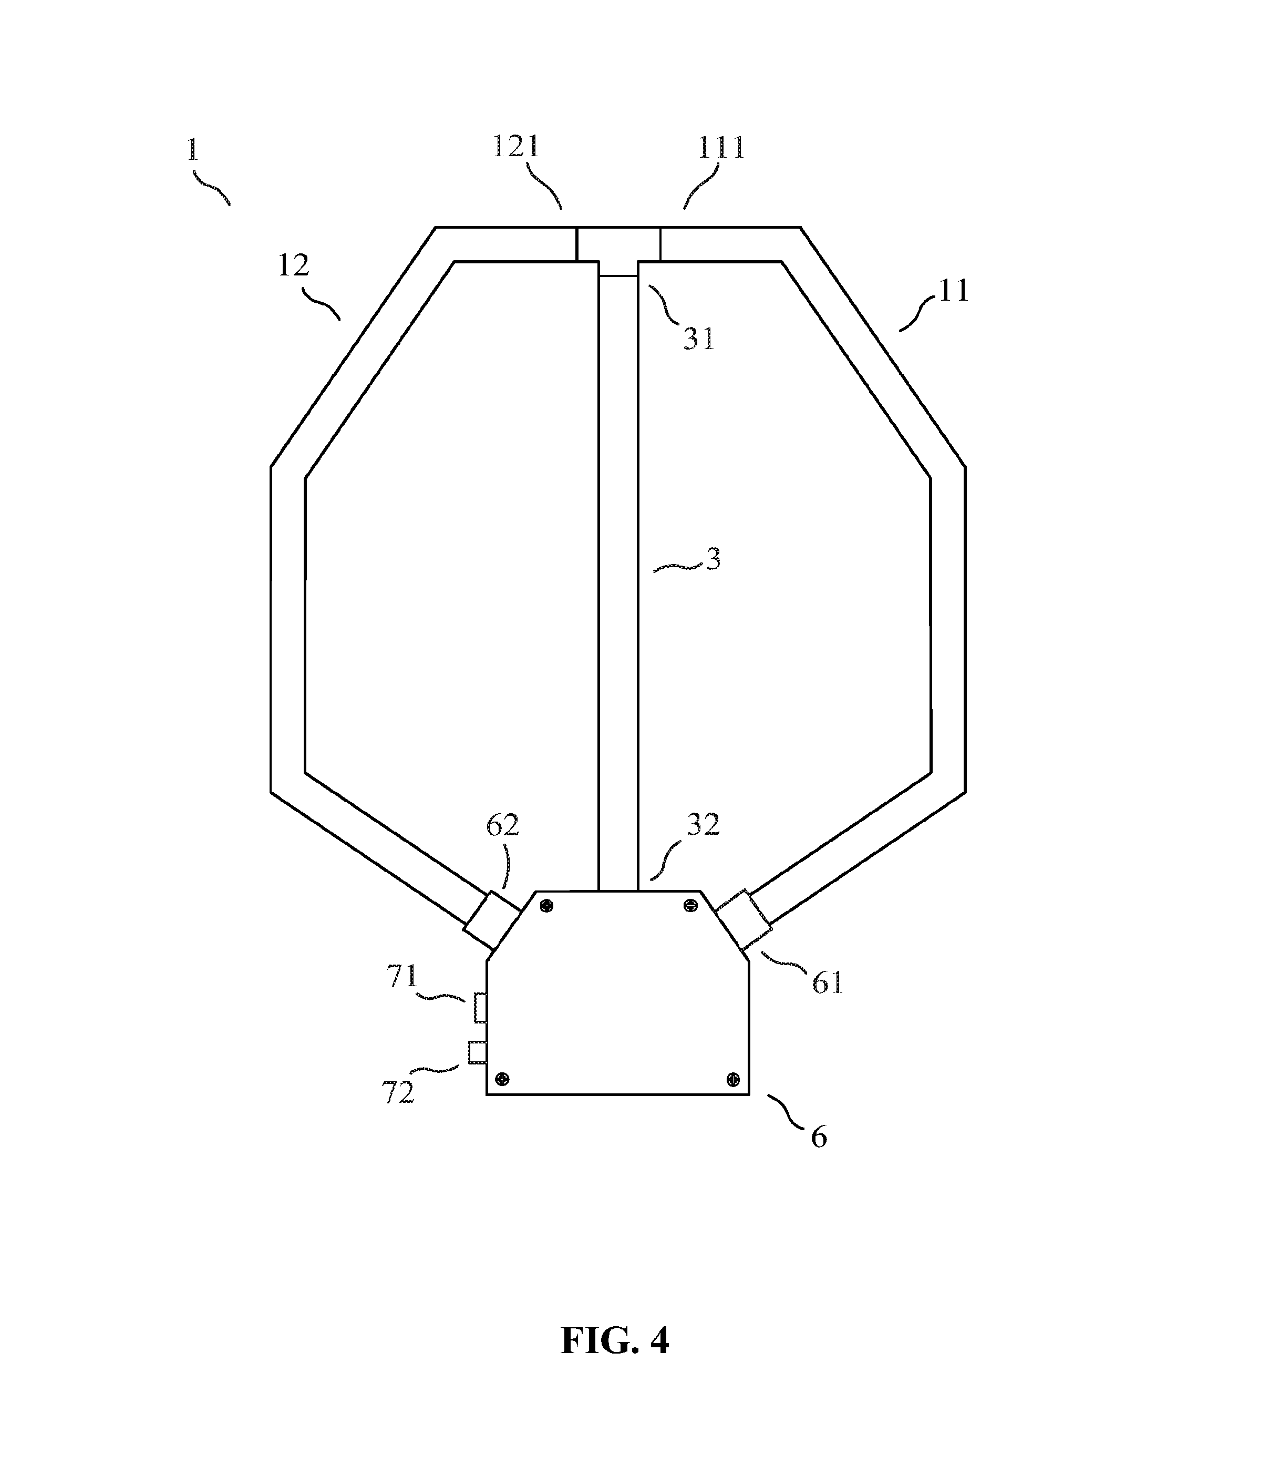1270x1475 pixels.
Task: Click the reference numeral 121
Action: point(517,147)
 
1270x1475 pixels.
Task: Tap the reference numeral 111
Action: point(721,148)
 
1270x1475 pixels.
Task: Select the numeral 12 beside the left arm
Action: point(293,265)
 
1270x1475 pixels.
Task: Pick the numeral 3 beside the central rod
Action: point(713,559)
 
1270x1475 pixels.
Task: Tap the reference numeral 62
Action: point(502,825)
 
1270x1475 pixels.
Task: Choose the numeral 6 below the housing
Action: point(819,1138)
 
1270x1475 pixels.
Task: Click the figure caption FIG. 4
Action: point(615,1340)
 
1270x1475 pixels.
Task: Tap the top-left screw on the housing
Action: point(546,906)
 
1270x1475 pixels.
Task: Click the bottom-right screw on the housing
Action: point(733,1079)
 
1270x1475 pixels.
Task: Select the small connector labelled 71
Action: point(480,1008)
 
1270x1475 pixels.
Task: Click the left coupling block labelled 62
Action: point(492,920)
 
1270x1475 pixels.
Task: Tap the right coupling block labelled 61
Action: point(743,920)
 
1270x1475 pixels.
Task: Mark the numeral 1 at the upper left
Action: point(192,149)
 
